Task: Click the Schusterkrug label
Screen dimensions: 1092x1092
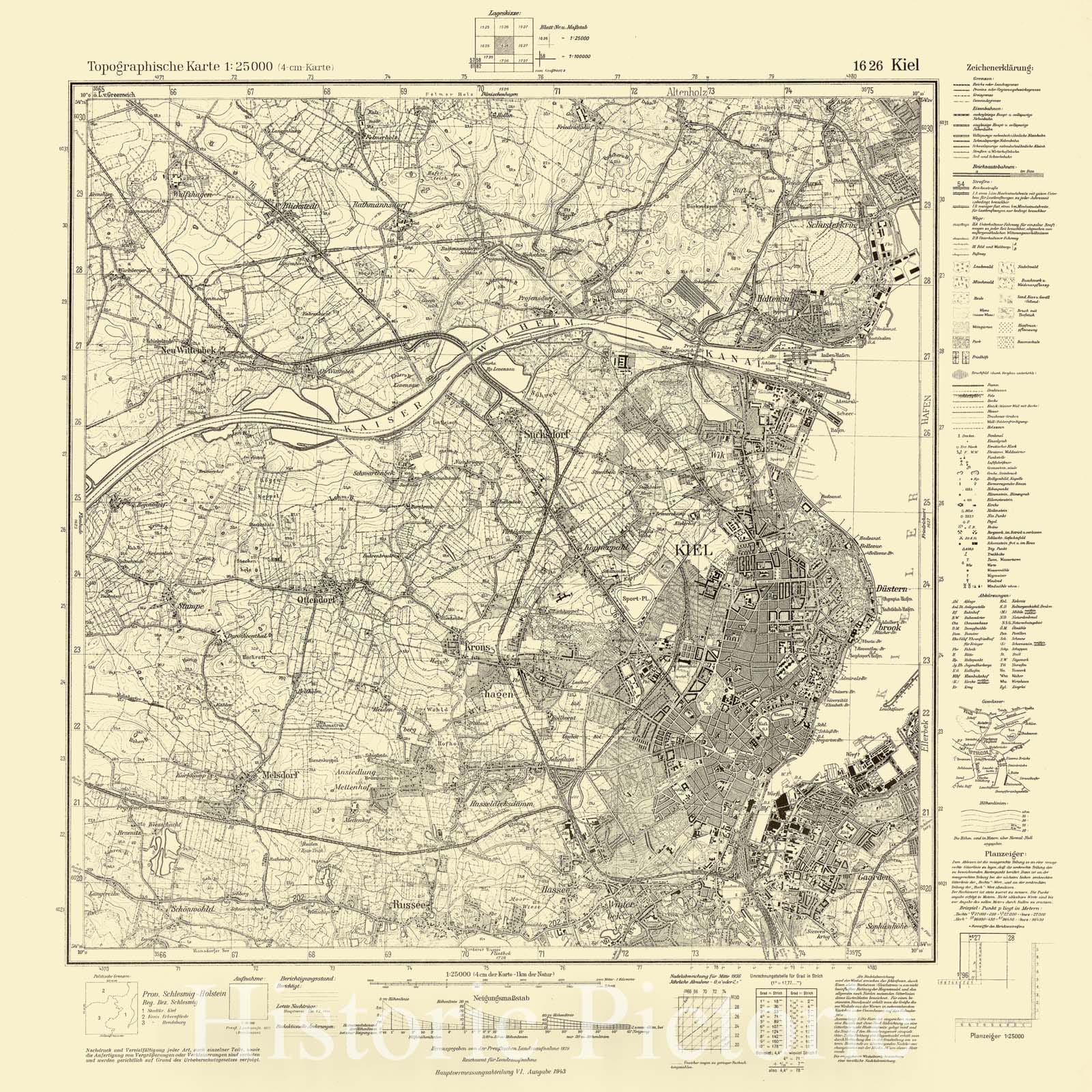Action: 831,224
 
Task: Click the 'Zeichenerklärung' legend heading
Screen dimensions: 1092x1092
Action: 999,68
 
